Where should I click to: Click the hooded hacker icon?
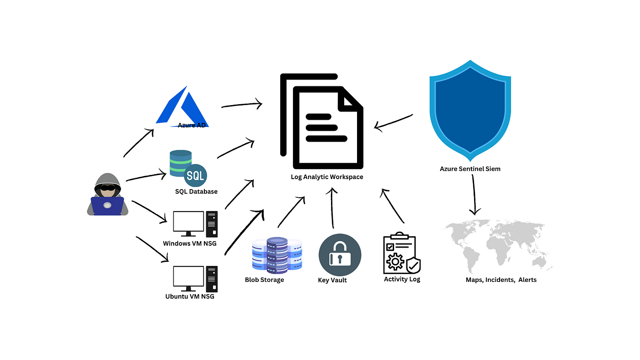(107, 195)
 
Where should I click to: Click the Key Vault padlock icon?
(340, 255)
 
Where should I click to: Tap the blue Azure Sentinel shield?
(470, 112)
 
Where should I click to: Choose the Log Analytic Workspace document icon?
(322, 122)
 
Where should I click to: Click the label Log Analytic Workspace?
(327, 177)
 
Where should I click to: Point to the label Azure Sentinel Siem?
(470, 169)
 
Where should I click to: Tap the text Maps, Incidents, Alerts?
(501, 280)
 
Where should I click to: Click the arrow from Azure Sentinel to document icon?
(393, 122)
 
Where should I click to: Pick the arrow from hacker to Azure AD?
(138, 143)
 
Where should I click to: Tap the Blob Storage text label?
(264, 280)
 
